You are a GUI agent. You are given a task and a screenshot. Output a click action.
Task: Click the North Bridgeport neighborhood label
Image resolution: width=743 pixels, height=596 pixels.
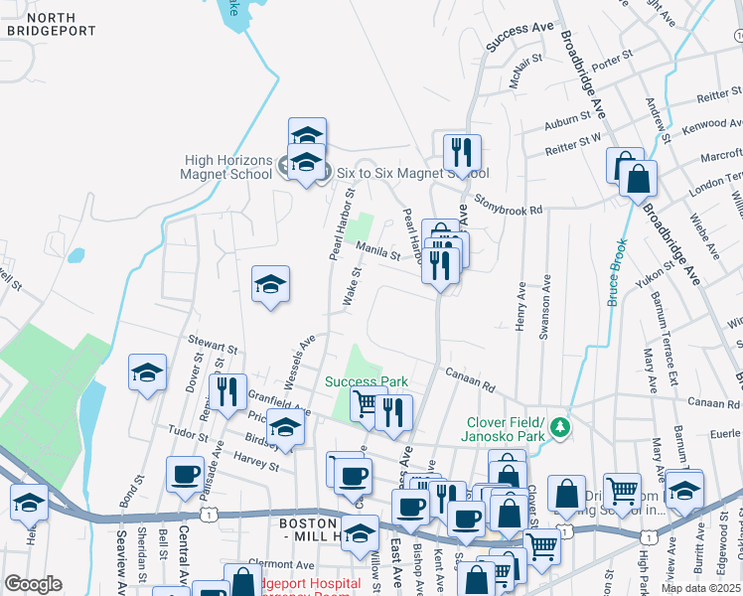(x=52, y=25)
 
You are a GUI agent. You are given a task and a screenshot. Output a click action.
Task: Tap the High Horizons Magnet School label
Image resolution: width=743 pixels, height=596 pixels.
(x=227, y=167)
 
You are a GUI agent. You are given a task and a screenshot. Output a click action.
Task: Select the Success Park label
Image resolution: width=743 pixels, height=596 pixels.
(x=368, y=381)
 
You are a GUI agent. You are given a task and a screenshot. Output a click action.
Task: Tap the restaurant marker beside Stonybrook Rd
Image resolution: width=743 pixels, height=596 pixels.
(x=462, y=153)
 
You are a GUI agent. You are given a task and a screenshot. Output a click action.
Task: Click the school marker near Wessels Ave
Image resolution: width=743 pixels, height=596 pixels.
(x=270, y=285)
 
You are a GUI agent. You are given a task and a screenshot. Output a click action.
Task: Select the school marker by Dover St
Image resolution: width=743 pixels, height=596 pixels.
(x=147, y=373)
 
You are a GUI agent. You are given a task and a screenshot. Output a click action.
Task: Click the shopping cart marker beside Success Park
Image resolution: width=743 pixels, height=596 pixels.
(x=368, y=403)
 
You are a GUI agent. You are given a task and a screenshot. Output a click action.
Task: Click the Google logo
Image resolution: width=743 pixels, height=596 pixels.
(x=33, y=584)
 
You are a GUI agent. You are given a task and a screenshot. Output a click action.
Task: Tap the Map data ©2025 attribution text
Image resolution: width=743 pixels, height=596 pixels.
(x=701, y=588)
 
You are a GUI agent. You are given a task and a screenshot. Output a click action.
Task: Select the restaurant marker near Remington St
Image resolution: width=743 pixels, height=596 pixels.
(x=228, y=391)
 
